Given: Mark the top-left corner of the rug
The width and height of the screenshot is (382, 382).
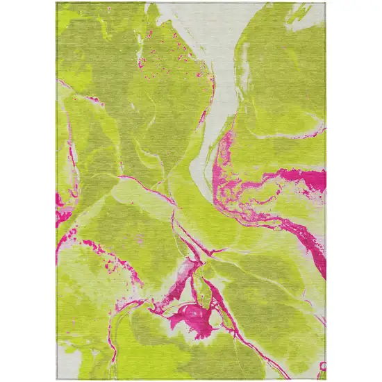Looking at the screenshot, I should [x=57, y=3].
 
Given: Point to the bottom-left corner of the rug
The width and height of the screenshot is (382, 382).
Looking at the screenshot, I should [x=57, y=379].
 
